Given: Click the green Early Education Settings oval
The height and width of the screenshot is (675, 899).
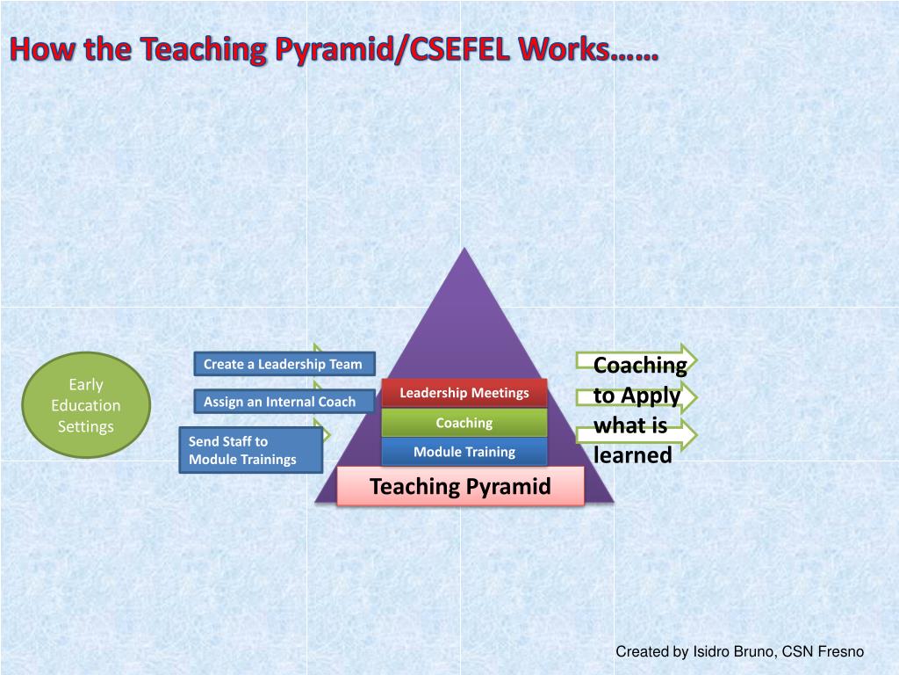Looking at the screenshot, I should pyautogui.click(x=86, y=405).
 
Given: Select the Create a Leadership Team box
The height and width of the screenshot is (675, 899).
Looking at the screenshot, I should pyautogui.click(x=283, y=364).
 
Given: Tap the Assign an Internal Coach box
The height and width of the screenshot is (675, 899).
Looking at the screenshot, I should pyautogui.click(x=279, y=402).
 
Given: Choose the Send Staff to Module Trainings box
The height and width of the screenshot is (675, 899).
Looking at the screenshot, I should pyautogui.click(x=251, y=450).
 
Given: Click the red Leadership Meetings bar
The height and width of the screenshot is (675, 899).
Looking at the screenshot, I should pyautogui.click(x=464, y=393).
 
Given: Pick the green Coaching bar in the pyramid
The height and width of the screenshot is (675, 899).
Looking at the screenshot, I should pyautogui.click(x=464, y=423).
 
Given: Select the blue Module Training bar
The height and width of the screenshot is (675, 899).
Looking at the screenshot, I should pyautogui.click(x=464, y=452).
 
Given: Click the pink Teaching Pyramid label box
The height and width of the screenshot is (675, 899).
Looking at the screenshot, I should pyautogui.click(x=461, y=486).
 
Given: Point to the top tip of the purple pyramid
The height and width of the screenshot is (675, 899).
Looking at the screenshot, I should pyautogui.click(x=464, y=251).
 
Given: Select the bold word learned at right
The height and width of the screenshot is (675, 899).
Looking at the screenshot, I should pyautogui.click(x=632, y=455).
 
